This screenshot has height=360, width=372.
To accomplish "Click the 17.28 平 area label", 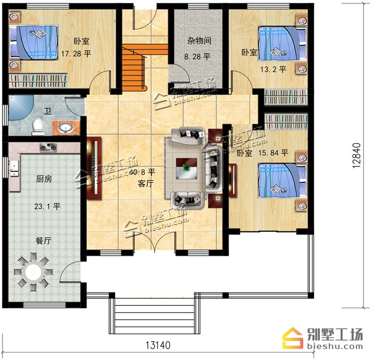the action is [76, 54].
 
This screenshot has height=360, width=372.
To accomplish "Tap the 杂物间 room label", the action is [199, 41].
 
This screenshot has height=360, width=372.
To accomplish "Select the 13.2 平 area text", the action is [273, 70].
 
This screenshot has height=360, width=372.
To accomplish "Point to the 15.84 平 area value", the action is [273, 153].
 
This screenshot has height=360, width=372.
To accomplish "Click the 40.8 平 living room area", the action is [142, 172].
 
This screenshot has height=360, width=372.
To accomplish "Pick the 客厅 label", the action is [145, 183].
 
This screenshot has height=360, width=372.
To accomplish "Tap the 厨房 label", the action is [44, 179].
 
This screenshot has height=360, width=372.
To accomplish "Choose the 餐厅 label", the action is [44, 240].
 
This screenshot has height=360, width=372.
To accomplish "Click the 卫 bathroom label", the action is [48, 111].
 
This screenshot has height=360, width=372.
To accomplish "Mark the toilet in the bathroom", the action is [38, 127].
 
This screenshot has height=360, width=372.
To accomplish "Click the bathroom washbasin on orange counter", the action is [66, 128].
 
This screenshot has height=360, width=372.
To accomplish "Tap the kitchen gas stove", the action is [48, 147].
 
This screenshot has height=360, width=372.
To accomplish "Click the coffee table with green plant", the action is [186, 169].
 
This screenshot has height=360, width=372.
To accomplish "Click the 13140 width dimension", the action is [158, 345].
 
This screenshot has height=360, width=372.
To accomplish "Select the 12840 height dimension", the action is [356, 155].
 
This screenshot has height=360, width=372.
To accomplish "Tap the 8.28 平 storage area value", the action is [197, 57].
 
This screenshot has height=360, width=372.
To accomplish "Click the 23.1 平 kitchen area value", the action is [47, 206].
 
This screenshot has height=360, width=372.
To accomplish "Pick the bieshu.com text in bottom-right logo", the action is [335, 346].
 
